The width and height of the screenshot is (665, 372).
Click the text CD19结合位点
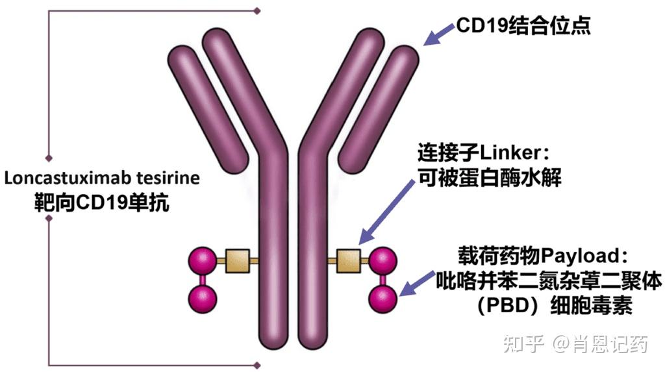click(x=523, y=26)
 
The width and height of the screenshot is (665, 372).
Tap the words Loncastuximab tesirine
click(x=102, y=178)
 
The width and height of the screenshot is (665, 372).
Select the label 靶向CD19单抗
click(x=102, y=202)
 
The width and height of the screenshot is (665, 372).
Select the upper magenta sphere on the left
click(x=202, y=261)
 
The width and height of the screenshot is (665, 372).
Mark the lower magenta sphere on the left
click(x=202, y=299)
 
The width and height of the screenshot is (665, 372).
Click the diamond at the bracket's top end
click(x=257, y=10)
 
